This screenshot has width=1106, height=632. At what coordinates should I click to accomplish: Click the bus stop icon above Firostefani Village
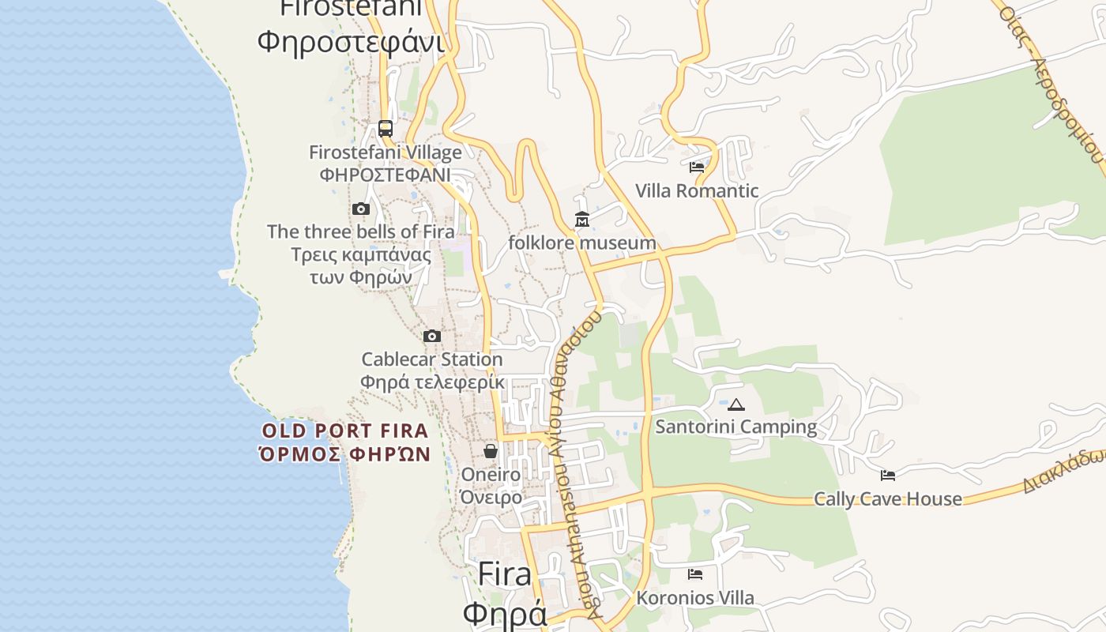385,128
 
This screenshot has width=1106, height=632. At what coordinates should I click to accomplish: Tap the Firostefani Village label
385,152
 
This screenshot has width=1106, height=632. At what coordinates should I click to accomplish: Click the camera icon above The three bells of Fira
361,209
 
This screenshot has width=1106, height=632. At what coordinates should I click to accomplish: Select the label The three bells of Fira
360,231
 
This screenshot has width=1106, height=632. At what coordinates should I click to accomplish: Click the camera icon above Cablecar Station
431,337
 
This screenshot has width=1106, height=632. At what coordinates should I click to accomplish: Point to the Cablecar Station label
431,359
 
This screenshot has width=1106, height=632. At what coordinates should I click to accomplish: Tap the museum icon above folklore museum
582,220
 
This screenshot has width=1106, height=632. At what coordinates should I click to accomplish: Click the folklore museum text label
581,243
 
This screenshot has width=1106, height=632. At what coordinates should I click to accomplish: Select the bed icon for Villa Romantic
696,167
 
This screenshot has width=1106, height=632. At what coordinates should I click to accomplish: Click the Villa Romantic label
697,190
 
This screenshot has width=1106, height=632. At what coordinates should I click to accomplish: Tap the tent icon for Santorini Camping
736,405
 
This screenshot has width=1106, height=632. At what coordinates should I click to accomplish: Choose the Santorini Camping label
736,427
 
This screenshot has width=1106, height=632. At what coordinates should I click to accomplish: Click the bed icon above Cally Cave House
888,476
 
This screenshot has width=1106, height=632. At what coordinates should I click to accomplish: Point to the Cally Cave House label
888,498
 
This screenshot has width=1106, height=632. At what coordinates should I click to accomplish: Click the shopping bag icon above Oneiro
491,451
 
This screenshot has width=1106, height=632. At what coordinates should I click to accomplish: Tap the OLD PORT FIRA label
345,431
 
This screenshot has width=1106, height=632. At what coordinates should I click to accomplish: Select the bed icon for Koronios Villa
695,574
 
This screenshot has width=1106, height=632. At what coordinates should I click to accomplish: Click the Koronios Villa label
695,598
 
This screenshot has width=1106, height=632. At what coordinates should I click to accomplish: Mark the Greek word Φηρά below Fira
505,614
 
